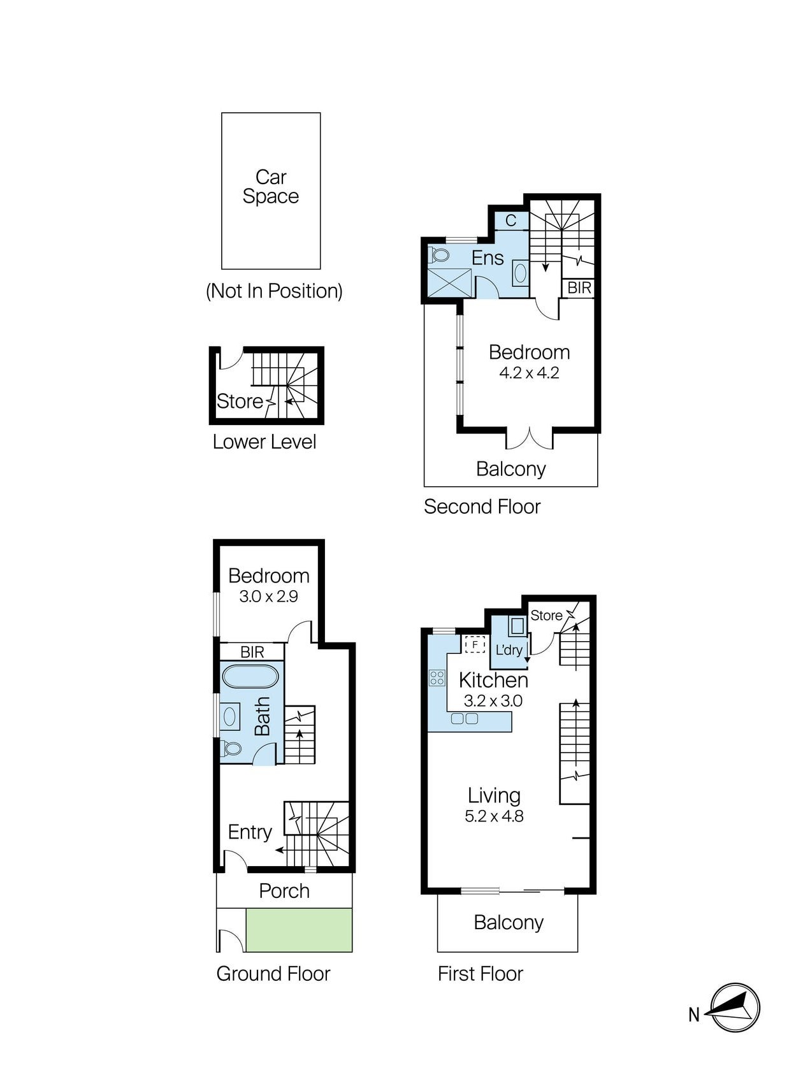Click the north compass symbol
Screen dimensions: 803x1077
[735, 1008]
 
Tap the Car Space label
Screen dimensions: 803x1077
[271, 186]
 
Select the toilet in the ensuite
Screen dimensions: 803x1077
[438, 255]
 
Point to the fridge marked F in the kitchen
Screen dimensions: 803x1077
[475, 645]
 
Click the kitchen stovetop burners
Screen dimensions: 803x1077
[437, 677]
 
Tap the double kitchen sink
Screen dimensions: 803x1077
[465, 719]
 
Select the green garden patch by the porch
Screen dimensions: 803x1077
[299, 930]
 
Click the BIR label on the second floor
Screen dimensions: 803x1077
[579, 288]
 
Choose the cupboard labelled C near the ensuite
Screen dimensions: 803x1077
[511, 220]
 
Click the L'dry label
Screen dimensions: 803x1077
[509, 650]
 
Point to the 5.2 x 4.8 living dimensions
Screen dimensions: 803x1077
[494, 816]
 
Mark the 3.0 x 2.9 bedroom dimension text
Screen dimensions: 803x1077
[268, 596]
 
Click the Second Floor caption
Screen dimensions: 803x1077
[482, 507]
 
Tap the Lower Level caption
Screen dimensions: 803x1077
[264, 442]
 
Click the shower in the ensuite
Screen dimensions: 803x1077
[450, 283]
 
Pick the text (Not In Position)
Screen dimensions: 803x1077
[274, 291]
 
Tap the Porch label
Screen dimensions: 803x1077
[284, 891]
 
